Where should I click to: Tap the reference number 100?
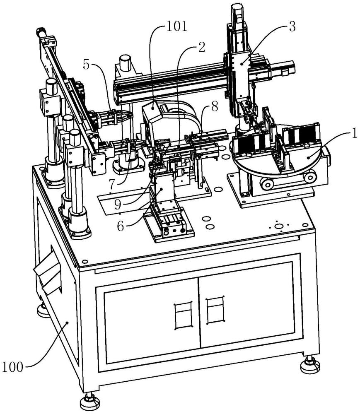(12, 367)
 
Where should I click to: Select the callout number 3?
(292, 26)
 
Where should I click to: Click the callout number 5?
(86, 65)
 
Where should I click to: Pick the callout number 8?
(214, 106)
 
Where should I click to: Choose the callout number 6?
(121, 226)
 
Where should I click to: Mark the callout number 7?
(112, 185)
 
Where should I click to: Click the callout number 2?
(201, 47)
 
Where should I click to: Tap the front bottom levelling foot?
(90, 402)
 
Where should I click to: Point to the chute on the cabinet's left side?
(48, 274)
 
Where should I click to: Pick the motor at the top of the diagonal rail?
(42, 33)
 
